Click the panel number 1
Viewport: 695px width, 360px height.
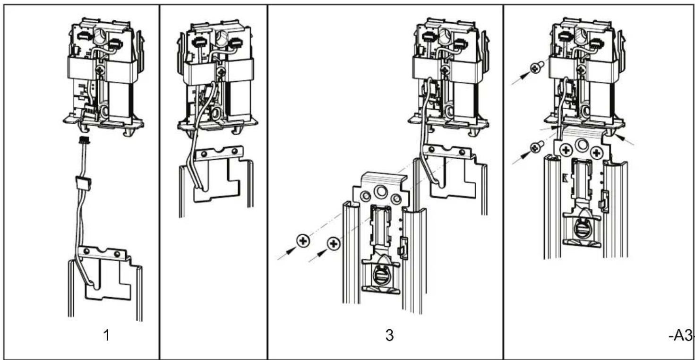pyautogui.click(x=106, y=335)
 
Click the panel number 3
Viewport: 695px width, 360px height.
pyautogui.click(x=389, y=335)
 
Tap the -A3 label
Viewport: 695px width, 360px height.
pyautogui.click(x=681, y=335)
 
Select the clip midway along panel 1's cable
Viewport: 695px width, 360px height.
pyautogui.click(x=84, y=183)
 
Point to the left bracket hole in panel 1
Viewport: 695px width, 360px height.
pyautogui.click(x=86, y=251)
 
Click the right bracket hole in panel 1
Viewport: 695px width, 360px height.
pyautogui.click(x=117, y=254)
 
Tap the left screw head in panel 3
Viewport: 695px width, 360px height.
pyautogui.click(x=303, y=241)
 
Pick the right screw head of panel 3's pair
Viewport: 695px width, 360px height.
pyautogui.click(x=334, y=244)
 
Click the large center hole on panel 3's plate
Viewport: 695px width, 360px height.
pyautogui.click(x=381, y=191)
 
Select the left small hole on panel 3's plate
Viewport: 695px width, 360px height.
pyautogui.click(x=366, y=196)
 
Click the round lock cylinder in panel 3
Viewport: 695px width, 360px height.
pyautogui.click(x=381, y=275)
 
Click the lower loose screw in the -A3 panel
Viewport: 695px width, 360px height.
pyautogui.click(x=537, y=147)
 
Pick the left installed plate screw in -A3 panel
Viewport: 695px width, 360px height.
pyautogui.click(x=566, y=151)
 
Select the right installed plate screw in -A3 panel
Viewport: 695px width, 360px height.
pyautogui.click(x=596, y=153)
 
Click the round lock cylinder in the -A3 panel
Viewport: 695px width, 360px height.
pyautogui.click(x=582, y=228)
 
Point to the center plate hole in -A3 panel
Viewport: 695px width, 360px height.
pyautogui.click(x=581, y=144)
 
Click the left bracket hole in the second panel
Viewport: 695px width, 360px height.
pyautogui.click(x=204, y=154)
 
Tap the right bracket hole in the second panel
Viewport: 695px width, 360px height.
pyautogui.click(x=234, y=152)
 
